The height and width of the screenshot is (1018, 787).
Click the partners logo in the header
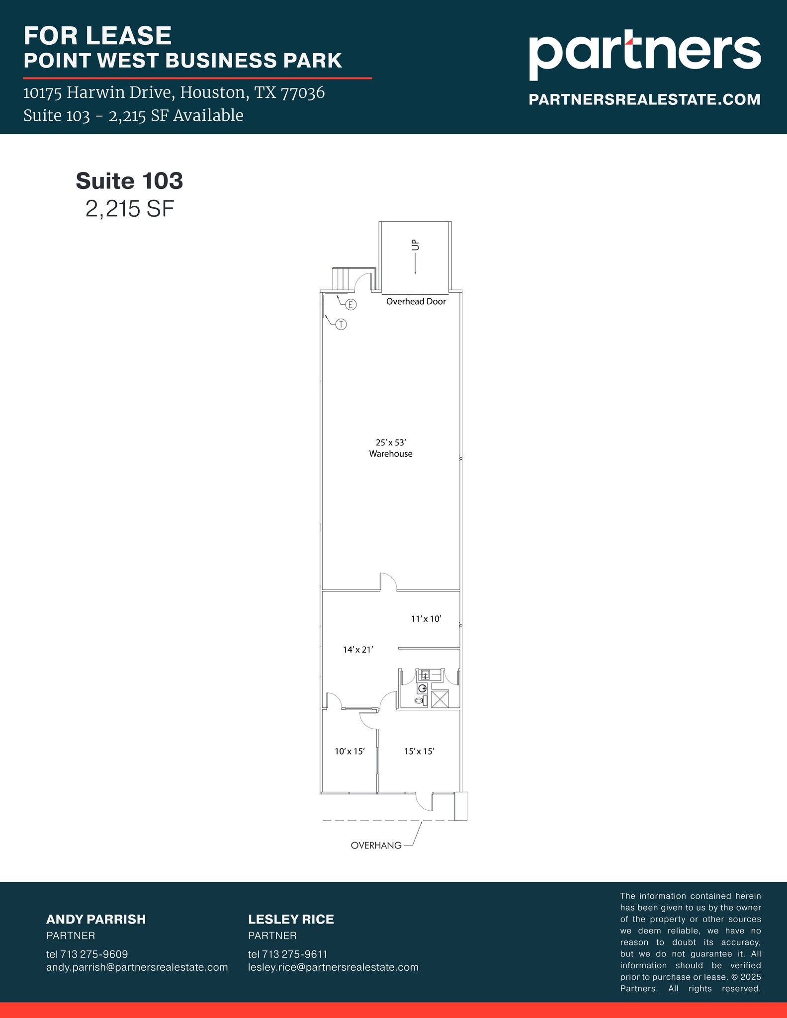click(x=644, y=56)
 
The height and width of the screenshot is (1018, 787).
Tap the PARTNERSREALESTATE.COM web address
click(x=644, y=99)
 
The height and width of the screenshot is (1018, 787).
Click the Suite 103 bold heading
click(x=129, y=181)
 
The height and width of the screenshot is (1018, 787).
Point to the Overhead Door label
click(x=416, y=301)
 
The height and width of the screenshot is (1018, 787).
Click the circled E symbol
click(x=351, y=305)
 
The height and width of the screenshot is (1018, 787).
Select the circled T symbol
click(x=341, y=325)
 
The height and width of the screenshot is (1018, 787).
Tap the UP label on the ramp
click(x=416, y=245)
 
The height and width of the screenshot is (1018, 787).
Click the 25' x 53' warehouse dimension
click(x=391, y=442)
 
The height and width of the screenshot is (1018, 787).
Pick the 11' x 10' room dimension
click(x=426, y=619)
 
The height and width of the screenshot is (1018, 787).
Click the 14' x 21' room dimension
click(x=358, y=649)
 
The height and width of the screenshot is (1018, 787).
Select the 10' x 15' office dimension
click(x=350, y=751)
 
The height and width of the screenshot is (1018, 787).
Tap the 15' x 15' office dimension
click(x=419, y=751)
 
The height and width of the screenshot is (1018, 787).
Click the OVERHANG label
click(x=376, y=845)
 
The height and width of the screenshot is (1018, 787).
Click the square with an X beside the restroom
click(x=440, y=699)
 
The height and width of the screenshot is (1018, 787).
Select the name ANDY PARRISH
click(x=96, y=919)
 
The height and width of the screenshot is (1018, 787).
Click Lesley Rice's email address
click(x=333, y=967)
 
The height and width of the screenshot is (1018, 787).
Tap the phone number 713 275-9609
click(x=94, y=954)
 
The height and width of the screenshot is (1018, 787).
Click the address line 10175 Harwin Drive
click(x=174, y=92)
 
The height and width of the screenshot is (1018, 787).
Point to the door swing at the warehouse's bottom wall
click(x=388, y=582)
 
